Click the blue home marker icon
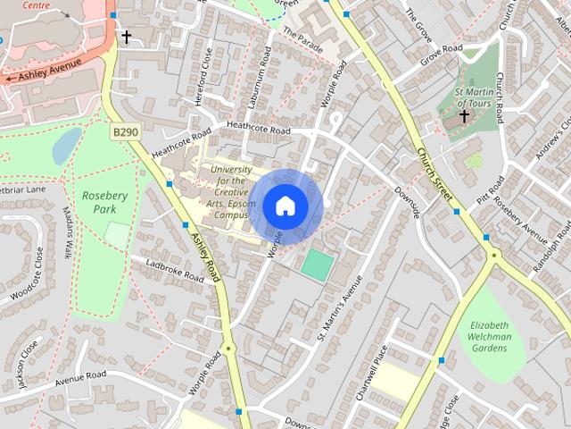pos(285,206)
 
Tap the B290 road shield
pos(125,131)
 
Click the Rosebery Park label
pos(105,202)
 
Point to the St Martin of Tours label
pos(473,97)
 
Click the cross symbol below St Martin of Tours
pos(464,116)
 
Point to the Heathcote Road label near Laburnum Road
pos(259,130)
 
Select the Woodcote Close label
pos(28,277)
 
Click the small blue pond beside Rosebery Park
pos(66,147)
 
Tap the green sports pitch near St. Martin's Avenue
pos(317,264)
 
